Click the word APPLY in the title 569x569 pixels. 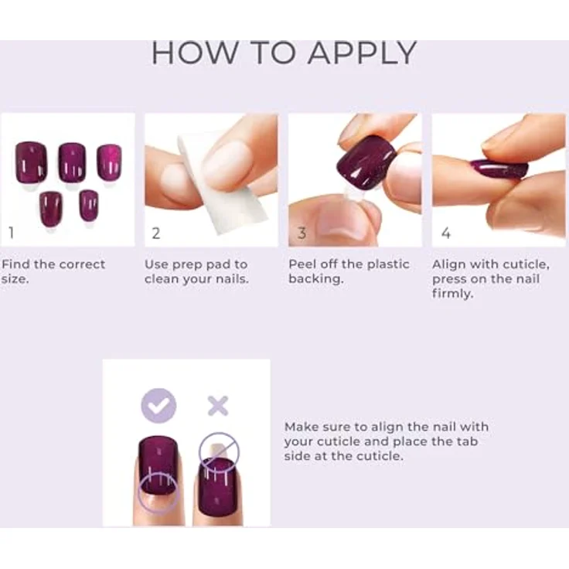362,53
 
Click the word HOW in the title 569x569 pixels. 194,53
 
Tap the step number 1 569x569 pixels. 12,233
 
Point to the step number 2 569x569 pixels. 155,233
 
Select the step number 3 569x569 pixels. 302,233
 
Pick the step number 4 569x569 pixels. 446,233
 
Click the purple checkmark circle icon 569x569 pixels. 158,405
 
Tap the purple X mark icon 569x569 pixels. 218,405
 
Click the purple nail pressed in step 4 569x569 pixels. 499,169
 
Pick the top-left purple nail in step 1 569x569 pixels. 31,162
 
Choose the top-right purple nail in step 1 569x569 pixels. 109,162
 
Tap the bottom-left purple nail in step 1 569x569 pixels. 51,209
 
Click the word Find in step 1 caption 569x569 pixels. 16,264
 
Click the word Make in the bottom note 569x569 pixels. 301,427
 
